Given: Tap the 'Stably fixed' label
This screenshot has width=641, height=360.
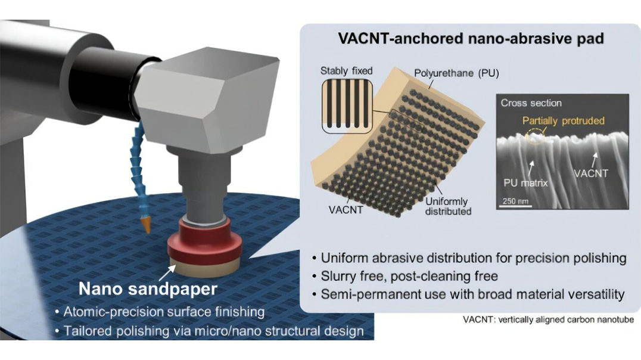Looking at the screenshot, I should [x=346, y=71].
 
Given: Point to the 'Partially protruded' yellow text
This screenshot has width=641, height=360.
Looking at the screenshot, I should [x=563, y=120].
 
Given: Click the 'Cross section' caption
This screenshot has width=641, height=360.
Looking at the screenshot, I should [x=531, y=103].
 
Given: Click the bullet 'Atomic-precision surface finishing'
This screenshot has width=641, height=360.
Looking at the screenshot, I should [x=159, y=312].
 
